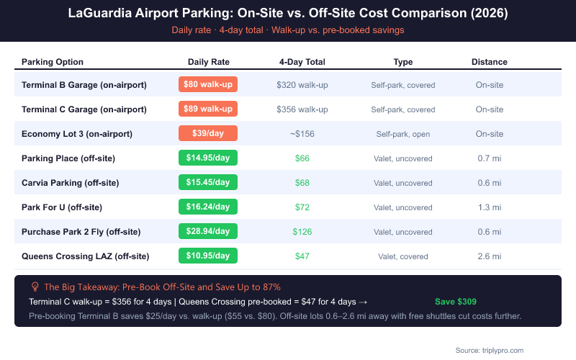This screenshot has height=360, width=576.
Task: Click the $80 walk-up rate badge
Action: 207,85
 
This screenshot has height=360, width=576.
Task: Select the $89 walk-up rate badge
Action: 207,109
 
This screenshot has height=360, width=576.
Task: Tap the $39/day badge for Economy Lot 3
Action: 207,134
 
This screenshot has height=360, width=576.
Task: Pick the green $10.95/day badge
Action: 207,256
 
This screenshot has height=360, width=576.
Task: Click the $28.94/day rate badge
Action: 207,231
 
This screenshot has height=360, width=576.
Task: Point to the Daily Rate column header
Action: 208,62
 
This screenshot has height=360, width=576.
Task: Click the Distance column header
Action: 489,62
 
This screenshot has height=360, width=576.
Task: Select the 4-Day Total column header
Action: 302,62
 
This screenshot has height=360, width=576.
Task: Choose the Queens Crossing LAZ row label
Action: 86,256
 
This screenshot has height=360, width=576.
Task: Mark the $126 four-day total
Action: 302,231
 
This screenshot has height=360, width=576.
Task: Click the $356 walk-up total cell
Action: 302,109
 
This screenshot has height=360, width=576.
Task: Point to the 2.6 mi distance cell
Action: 489,256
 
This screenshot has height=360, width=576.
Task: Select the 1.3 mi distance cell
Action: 489,207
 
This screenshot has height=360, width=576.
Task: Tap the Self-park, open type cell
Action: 402,134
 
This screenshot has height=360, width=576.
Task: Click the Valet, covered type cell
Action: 402,256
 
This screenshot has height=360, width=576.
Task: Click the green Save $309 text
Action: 456,302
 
